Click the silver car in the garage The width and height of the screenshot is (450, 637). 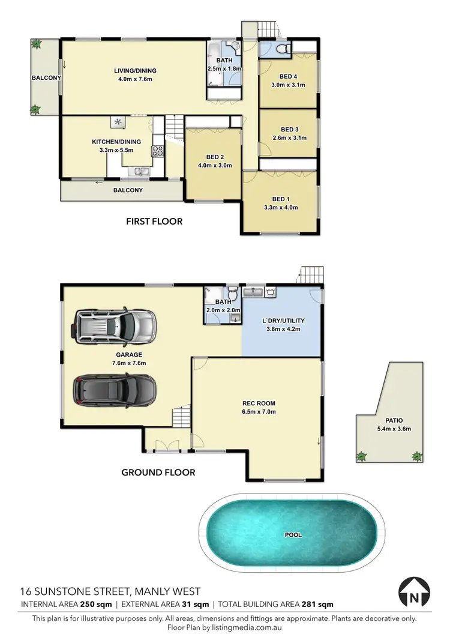click(x=113, y=328)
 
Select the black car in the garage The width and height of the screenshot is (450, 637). click(x=115, y=390)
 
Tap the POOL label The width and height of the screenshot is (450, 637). click(x=293, y=534)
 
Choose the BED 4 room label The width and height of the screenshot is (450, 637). click(x=288, y=76)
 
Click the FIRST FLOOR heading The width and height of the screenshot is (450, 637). click(x=154, y=222)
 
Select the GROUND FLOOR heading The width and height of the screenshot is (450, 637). click(x=158, y=472)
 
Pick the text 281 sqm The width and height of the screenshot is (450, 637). click(x=318, y=605)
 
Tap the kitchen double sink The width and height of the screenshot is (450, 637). click(x=142, y=173)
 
